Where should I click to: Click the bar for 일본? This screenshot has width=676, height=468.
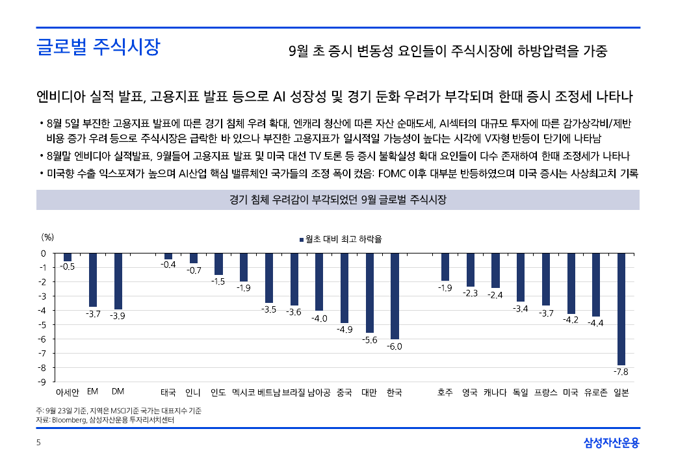621,309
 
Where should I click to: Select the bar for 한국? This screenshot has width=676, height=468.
395,296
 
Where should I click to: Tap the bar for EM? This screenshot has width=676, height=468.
93,279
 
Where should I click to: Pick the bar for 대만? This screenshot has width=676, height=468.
370,292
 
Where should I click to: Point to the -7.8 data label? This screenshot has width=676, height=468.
621,371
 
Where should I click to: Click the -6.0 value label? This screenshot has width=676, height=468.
395,346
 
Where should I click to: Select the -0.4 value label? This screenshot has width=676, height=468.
168,265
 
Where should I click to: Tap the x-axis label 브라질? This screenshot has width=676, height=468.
294,393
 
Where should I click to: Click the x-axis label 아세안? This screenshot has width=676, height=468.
68,393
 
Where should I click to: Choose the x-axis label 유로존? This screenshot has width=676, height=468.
596,393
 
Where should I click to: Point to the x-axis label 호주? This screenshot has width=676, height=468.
445,393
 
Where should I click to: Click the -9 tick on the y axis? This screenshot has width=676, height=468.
43,382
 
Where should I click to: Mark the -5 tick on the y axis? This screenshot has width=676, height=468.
43,324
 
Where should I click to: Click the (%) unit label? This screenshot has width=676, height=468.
47,238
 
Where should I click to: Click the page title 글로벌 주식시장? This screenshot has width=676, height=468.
98,47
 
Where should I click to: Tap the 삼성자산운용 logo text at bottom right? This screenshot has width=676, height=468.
612,443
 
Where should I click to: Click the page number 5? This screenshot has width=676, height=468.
38,443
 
